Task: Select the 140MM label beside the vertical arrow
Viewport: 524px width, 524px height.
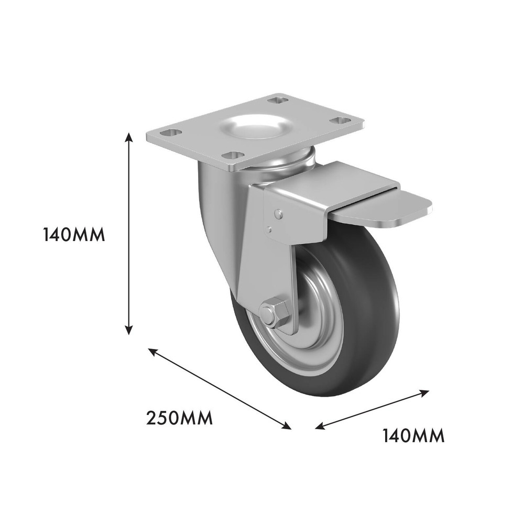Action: click(74, 234)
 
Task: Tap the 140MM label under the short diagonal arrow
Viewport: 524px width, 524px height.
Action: click(413, 435)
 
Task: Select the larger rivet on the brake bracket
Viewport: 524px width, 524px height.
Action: click(279, 214)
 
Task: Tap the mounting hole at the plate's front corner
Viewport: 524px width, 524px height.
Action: click(233, 156)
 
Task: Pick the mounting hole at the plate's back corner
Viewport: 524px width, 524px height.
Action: click(278, 100)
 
